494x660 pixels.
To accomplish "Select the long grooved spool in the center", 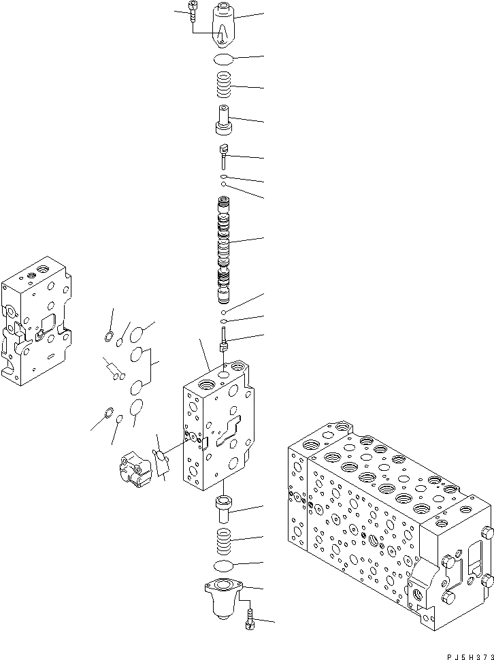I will tap(225, 248).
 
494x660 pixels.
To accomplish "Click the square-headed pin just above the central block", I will tap(223, 339).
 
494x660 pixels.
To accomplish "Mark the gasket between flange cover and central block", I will tap(162, 463).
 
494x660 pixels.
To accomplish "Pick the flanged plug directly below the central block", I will tap(224, 508).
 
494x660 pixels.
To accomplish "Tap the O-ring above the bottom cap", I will tap(224, 566).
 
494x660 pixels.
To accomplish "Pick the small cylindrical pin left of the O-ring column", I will tap(113, 370).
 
